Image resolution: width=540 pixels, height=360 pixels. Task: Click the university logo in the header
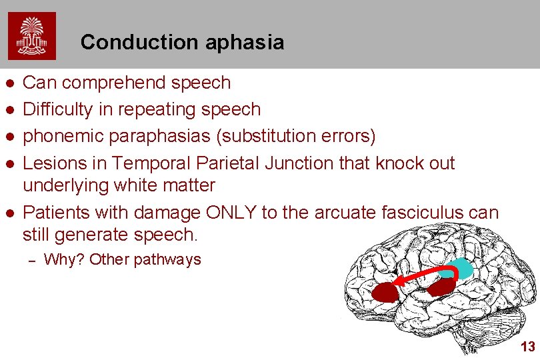32,36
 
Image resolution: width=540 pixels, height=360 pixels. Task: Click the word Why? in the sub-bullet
64,259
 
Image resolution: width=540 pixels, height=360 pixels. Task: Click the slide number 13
527,347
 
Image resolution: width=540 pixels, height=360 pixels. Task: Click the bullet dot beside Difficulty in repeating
9,109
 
